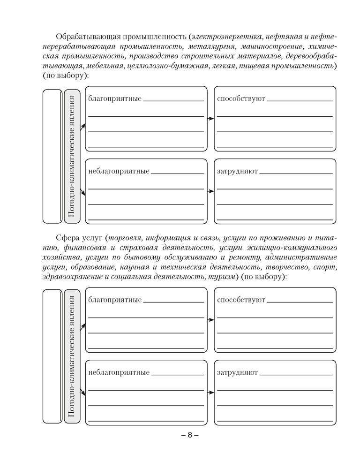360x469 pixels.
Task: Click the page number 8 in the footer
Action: pos(190,435)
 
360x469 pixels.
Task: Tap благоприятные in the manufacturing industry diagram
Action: pos(115,99)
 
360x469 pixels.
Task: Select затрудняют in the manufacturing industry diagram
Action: pos(238,172)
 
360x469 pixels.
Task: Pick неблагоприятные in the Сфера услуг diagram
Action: pos(119,373)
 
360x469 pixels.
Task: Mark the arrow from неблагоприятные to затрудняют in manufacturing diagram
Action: pos(210,191)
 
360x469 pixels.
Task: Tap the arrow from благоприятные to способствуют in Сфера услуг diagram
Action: pos(210,320)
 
